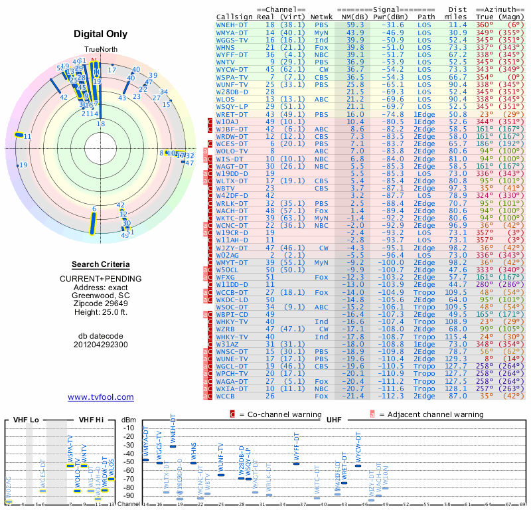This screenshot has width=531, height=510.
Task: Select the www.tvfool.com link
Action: pos(101,397)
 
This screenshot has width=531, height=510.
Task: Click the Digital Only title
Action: pos(101,34)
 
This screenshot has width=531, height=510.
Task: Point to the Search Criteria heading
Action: pos(101,264)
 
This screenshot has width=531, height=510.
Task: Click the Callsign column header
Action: pos(235,16)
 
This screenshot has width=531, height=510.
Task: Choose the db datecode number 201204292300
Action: pos(101,345)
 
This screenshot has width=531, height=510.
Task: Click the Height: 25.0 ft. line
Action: pos(101,313)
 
